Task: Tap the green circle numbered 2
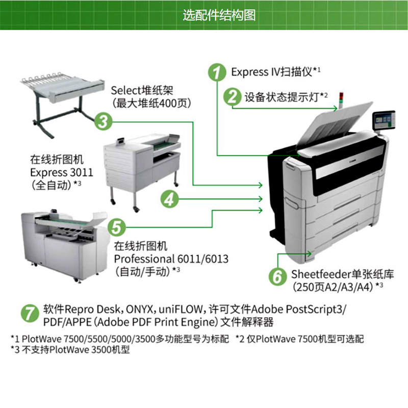pos(233,96)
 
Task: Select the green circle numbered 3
pos(103,121)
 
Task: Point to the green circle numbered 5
pos(116,225)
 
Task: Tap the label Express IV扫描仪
pos(272,71)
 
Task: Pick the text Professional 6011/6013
pos(171,259)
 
